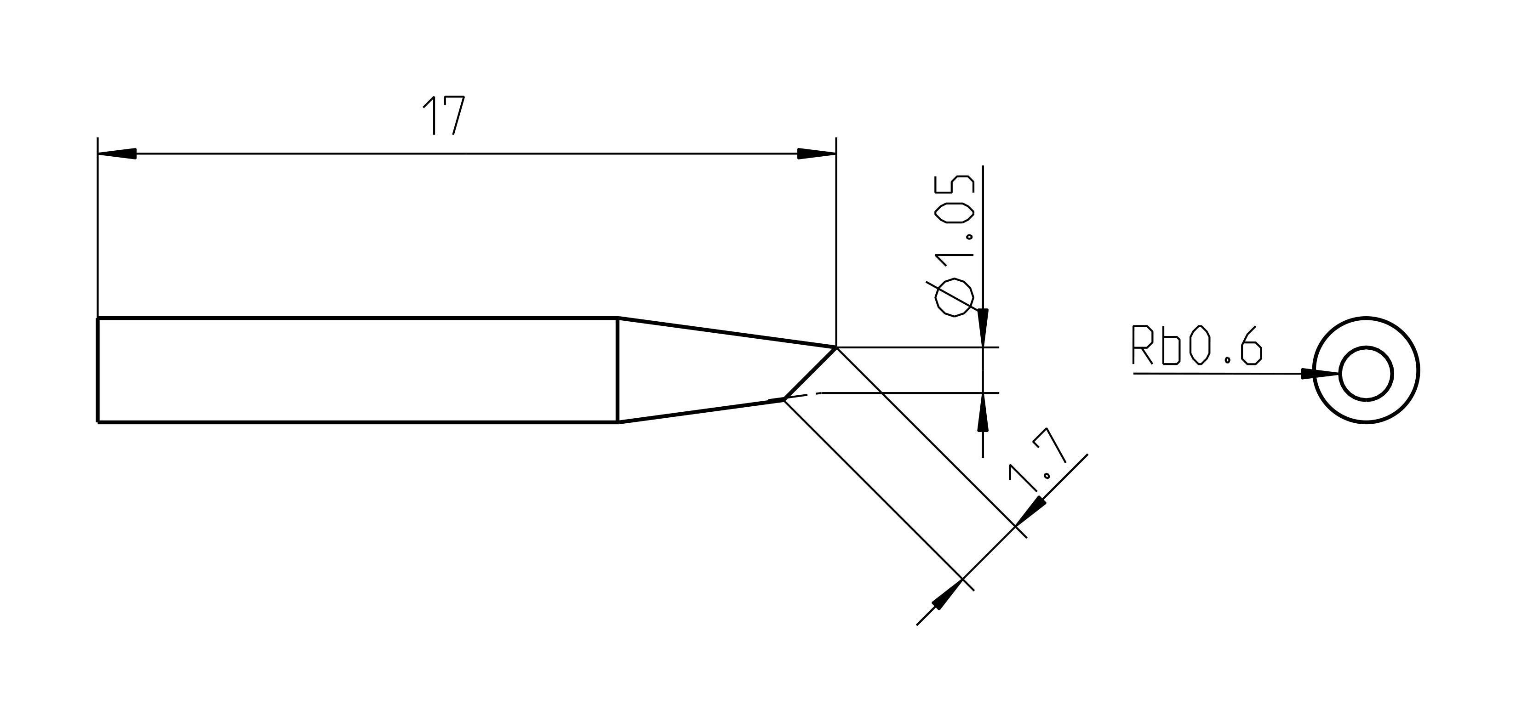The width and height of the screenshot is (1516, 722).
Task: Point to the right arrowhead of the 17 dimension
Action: pos(816,153)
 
